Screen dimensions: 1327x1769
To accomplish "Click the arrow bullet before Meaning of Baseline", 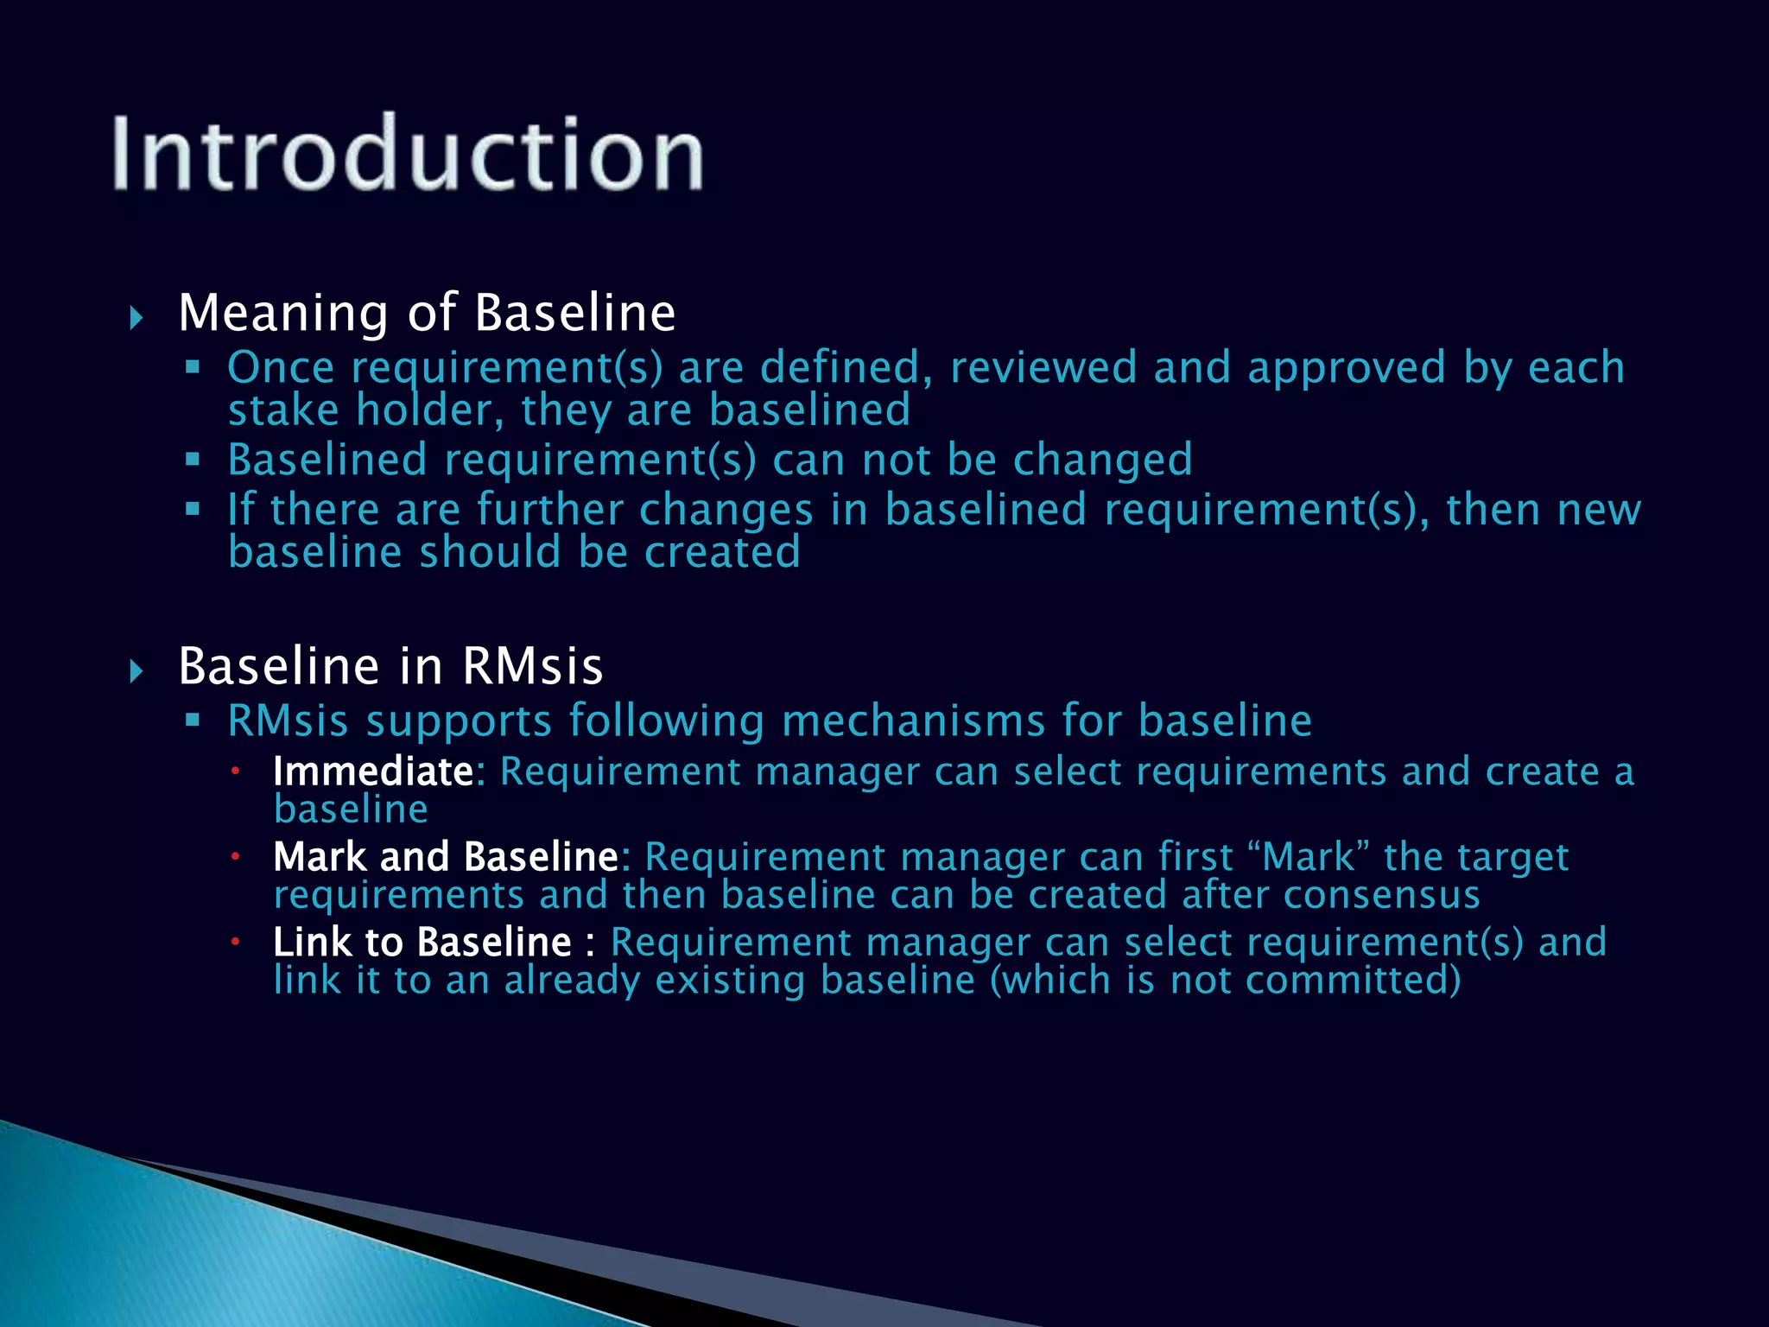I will (x=136, y=317).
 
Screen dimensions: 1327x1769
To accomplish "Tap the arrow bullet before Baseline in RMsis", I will (x=136, y=670).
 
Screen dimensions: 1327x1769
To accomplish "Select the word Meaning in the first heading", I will (x=283, y=313).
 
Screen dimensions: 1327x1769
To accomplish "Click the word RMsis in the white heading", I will (x=532, y=666).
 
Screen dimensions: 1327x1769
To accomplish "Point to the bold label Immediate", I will (x=373, y=771).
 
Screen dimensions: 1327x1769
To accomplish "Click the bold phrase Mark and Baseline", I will (x=446, y=857).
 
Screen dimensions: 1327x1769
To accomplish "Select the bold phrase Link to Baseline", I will (x=422, y=943).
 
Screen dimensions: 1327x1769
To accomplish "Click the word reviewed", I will (x=1043, y=368).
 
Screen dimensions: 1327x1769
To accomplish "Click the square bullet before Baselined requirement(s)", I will (x=193, y=459).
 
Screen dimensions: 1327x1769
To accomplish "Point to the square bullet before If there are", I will (x=193, y=509).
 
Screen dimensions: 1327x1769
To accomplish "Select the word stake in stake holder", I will (x=283, y=410).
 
